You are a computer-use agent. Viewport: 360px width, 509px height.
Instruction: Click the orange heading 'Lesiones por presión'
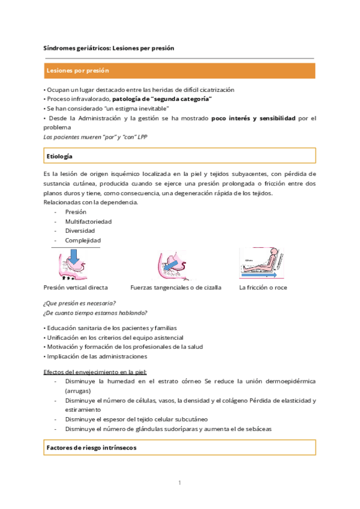(77, 71)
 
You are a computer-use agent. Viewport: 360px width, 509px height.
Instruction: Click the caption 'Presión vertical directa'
(76, 288)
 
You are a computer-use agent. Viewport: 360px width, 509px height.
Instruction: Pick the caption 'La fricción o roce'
(263, 288)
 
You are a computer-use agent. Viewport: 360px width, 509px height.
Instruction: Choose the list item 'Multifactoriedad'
(88, 221)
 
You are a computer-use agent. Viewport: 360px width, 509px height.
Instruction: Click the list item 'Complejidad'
(83, 240)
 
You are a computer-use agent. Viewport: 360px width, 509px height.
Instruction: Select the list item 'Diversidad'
(80, 230)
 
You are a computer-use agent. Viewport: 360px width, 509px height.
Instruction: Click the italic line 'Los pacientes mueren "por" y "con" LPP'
(95, 137)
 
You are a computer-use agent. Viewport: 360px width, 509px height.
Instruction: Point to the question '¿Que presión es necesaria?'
(79, 303)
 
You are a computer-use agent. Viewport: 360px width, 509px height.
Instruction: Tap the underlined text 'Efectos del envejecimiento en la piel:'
(95, 372)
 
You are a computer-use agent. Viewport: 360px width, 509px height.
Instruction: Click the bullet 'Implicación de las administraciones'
(95, 356)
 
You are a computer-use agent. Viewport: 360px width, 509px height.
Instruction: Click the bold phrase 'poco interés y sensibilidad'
(254, 118)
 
